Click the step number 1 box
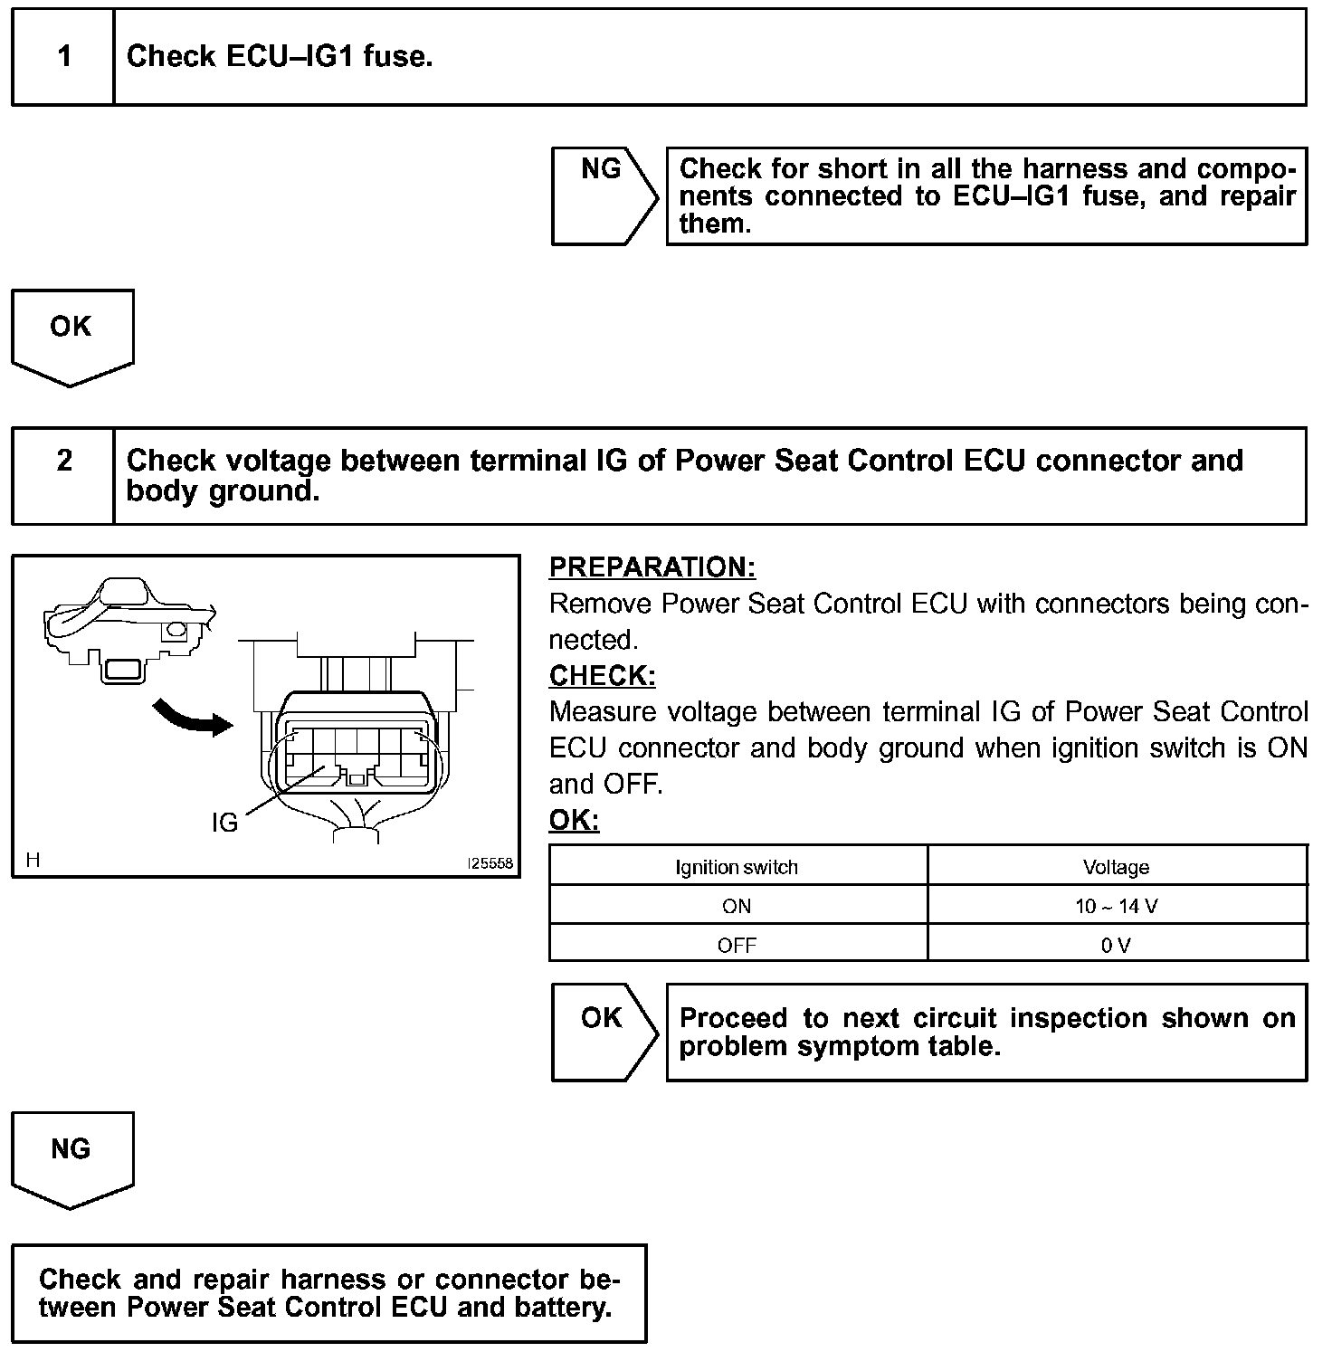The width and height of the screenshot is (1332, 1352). coord(63,57)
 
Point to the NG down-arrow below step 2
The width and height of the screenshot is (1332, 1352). coord(71,1159)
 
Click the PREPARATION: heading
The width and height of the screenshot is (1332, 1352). coord(652,567)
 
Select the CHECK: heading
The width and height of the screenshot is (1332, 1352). coord(602,676)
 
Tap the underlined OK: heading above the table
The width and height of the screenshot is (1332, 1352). coord(574,821)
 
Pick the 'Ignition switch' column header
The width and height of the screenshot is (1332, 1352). coord(737,867)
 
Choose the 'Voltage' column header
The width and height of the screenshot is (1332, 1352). coord(1116,867)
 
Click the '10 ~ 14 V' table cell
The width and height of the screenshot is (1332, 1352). coord(1116,906)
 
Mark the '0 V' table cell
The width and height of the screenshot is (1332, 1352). coord(1116,946)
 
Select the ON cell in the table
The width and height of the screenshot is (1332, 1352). coord(737,906)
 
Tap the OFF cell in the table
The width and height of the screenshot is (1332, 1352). coord(737,946)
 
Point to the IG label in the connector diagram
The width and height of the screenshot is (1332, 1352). coord(224,822)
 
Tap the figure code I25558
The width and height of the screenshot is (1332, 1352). coord(490,863)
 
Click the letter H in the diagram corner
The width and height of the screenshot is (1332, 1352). coord(33,861)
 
